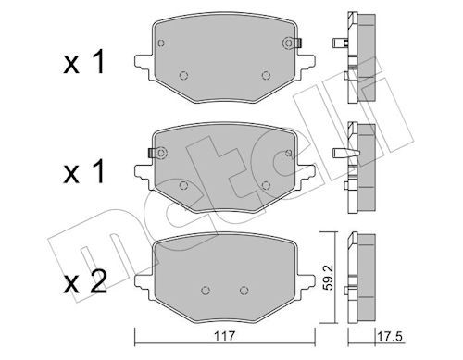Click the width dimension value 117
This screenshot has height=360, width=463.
(225, 336)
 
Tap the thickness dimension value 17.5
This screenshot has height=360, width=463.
(390, 336)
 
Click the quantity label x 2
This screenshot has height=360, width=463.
(85, 281)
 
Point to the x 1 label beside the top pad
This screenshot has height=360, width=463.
(84, 63)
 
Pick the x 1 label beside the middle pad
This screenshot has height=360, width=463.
(84, 172)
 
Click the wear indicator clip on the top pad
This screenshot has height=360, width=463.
(298, 43)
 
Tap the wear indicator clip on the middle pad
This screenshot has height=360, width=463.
(152, 153)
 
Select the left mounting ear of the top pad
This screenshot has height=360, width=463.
(144, 64)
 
